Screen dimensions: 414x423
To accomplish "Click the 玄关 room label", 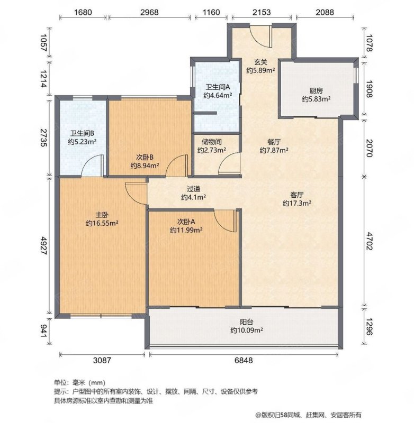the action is pyautogui.click(x=260, y=62).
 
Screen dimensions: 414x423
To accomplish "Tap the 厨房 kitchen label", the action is pyautogui.click(x=316, y=90).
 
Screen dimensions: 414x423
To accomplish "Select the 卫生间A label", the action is pyautogui.click(x=218, y=87).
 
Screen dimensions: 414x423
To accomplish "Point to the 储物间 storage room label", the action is pyautogui.click(x=212, y=142).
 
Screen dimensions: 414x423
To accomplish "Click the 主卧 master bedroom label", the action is pyautogui.click(x=102, y=215).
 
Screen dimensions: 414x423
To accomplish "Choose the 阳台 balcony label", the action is pyautogui.click(x=247, y=322).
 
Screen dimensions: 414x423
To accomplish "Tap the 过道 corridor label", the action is pyautogui.click(x=193, y=189).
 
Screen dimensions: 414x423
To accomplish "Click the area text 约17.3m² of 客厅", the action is pyautogui.click(x=297, y=203).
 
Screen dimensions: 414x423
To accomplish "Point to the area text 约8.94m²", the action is pyautogui.click(x=145, y=165).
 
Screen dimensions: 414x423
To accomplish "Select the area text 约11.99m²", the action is pyautogui.click(x=186, y=230).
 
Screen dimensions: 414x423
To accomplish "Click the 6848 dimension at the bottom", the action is pyautogui.click(x=244, y=360).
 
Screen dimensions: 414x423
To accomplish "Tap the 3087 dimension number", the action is pyautogui.click(x=102, y=360).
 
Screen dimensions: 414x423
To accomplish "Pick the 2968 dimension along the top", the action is pyautogui.click(x=149, y=12).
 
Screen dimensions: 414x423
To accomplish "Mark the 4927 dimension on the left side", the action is pyautogui.click(x=43, y=245).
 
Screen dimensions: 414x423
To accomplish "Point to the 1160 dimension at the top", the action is pyautogui.click(x=211, y=12).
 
